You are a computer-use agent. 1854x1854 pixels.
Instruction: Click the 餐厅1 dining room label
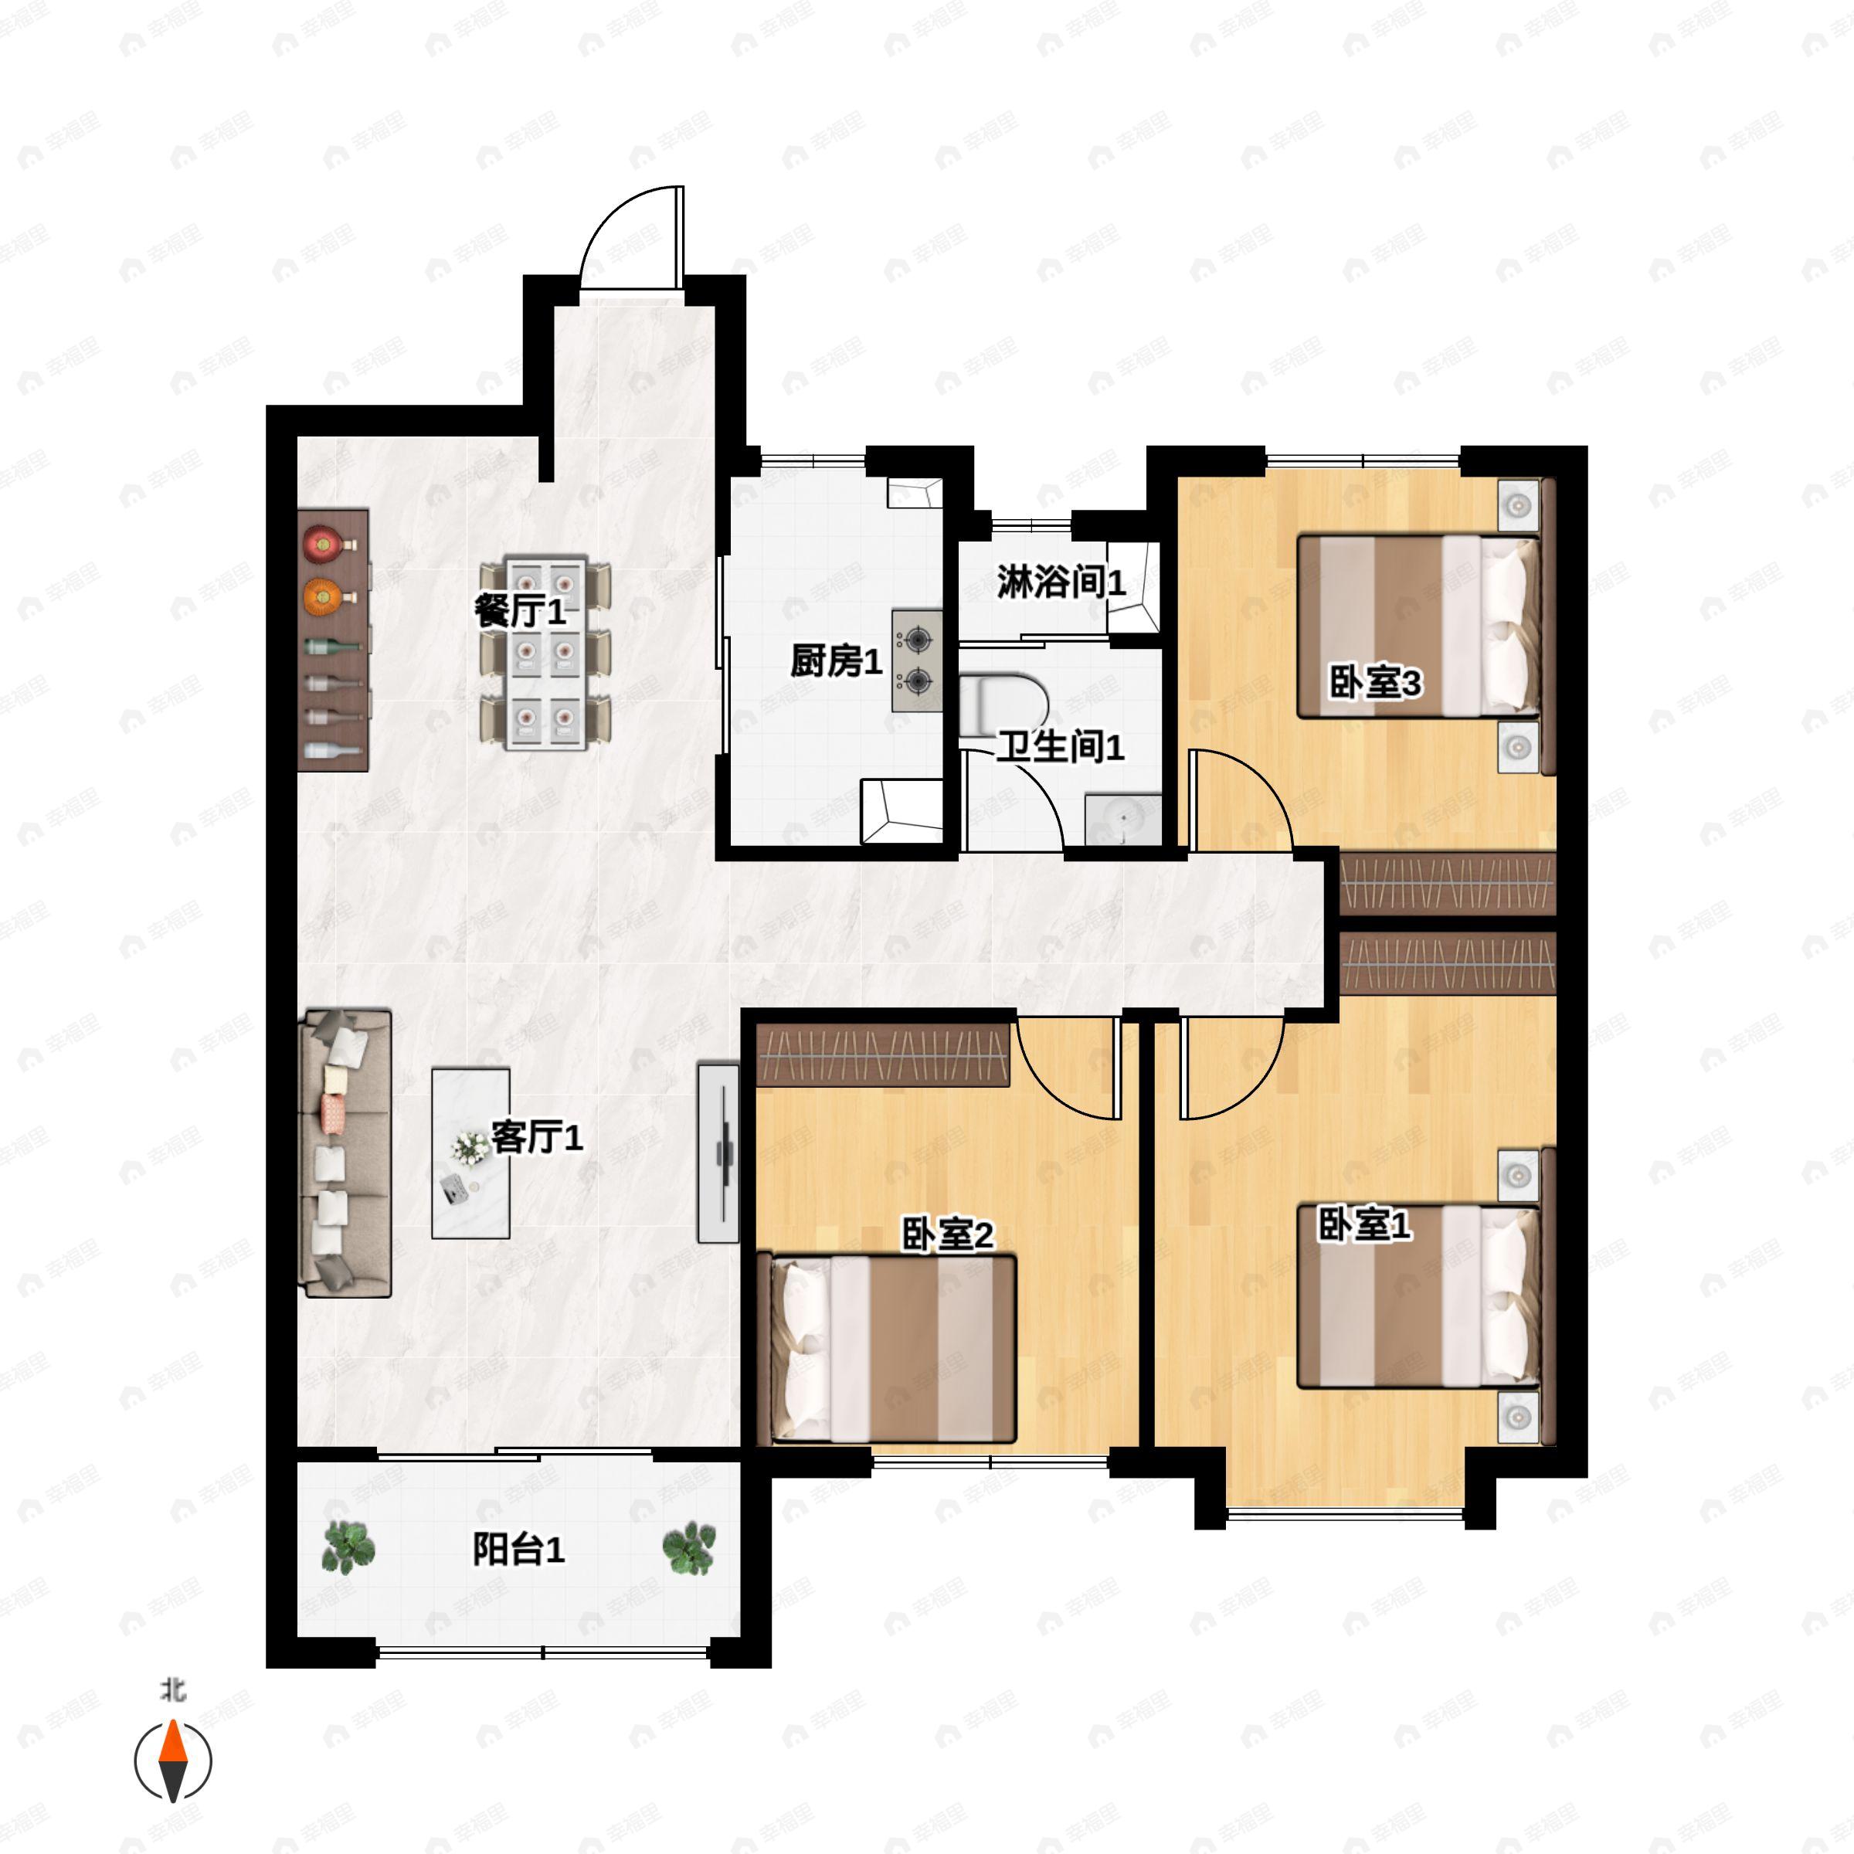tap(520, 610)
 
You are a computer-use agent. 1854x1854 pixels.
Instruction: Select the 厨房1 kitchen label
tap(835, 660)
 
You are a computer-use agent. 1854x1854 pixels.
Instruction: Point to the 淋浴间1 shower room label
tap(1061, 582)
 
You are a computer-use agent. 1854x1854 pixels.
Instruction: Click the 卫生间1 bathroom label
tap(1061, 746)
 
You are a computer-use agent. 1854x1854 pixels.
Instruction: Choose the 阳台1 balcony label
tap(518, 1549)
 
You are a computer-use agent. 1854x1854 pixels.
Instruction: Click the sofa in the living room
tap(346, 1153)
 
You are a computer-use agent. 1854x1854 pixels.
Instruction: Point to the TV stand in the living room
tap(718, 1153)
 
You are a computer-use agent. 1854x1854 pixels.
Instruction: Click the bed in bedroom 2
tap(887, 1348)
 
